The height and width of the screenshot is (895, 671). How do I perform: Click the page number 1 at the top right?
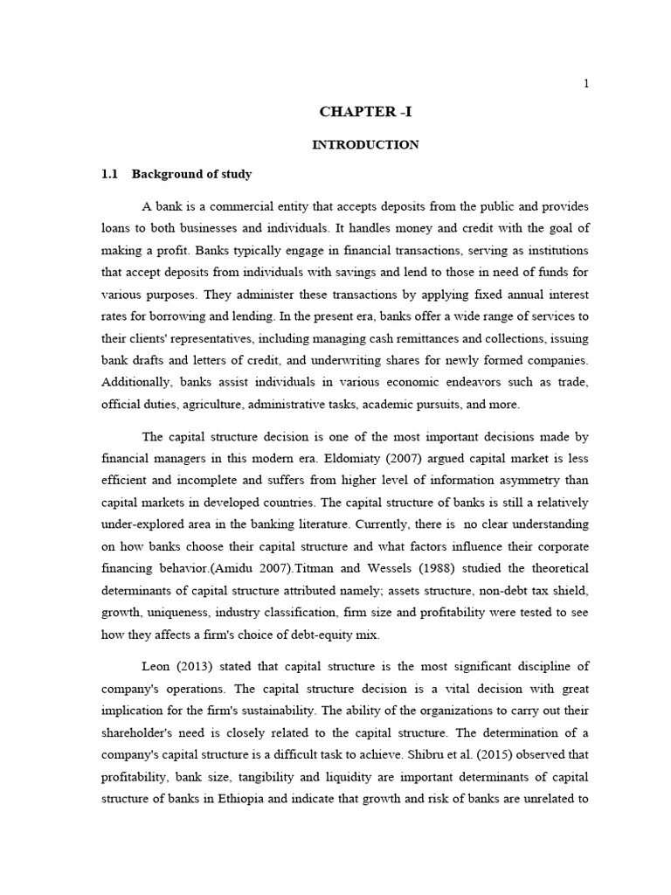tap(586, 83)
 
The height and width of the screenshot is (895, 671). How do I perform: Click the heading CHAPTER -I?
tap(365, 112)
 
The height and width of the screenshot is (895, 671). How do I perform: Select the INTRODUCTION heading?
tap(365, 144)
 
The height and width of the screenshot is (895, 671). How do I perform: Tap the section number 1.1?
tap(109, 174)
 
